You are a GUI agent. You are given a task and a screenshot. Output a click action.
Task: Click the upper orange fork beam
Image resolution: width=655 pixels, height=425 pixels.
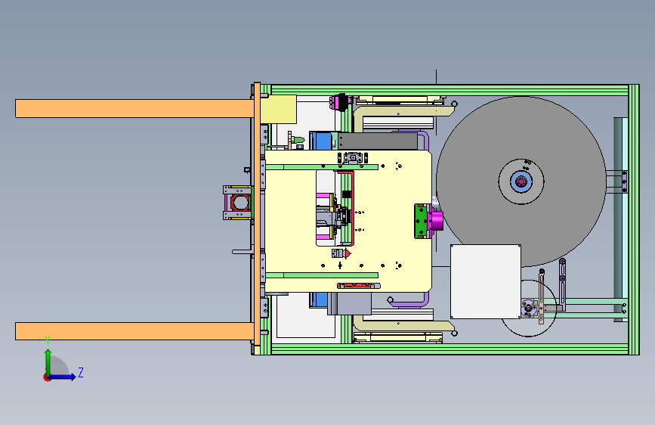coord(134,108)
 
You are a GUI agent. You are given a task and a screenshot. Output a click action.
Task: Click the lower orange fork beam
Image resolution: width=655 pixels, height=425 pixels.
coord(134,331)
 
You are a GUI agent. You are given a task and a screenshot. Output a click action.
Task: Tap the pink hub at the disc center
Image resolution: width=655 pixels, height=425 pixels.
coord(521,181)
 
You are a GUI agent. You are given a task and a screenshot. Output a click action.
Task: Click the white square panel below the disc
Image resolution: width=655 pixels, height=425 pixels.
coord(486,281)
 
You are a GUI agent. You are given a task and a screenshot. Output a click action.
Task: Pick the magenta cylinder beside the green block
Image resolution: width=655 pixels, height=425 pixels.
coord(437,221)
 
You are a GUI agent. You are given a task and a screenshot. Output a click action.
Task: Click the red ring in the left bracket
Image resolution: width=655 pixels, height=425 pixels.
coord(240,203)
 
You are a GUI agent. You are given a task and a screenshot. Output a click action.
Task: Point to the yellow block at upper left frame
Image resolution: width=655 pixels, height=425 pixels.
coord(278,109)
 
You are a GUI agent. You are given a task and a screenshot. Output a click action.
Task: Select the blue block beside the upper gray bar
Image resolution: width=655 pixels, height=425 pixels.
coord(321,141)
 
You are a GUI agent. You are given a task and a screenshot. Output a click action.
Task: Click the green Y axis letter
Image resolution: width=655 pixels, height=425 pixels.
coord(48,340)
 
